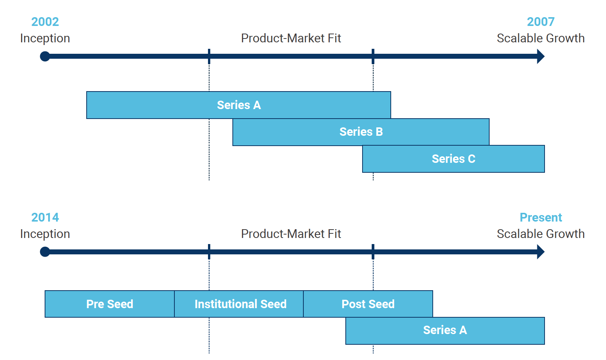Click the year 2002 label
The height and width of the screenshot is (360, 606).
point(45,22)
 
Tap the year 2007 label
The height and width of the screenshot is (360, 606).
point(540,22)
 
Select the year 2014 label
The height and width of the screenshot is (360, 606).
point(45,217)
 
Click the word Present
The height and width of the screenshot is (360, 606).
point(540,217)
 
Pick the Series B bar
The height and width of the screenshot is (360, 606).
point(361,132)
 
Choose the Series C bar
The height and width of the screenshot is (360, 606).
point(453,159)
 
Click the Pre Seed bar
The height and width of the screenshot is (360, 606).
point(110,304)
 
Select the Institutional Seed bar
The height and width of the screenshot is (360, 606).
point(239,304)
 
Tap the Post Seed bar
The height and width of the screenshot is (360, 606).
point(368,304)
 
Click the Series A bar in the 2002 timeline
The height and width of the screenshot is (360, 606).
point(239,105)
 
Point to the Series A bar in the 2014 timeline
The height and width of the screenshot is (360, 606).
point(445,331)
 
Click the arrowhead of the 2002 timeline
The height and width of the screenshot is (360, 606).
point(541,56)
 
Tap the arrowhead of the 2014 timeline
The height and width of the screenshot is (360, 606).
point(541,252)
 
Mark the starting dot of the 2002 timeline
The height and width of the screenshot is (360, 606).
point(45,56)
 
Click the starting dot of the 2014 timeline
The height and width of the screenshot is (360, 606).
point(45,252)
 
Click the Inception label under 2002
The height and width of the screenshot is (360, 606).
point(45,39)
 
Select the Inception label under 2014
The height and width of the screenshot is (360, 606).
point(45,234)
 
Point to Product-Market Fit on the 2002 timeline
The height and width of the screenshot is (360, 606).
point(291,39)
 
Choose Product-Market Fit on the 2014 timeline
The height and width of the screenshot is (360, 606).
point(291,234)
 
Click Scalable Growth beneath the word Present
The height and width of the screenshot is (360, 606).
point(540,234)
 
